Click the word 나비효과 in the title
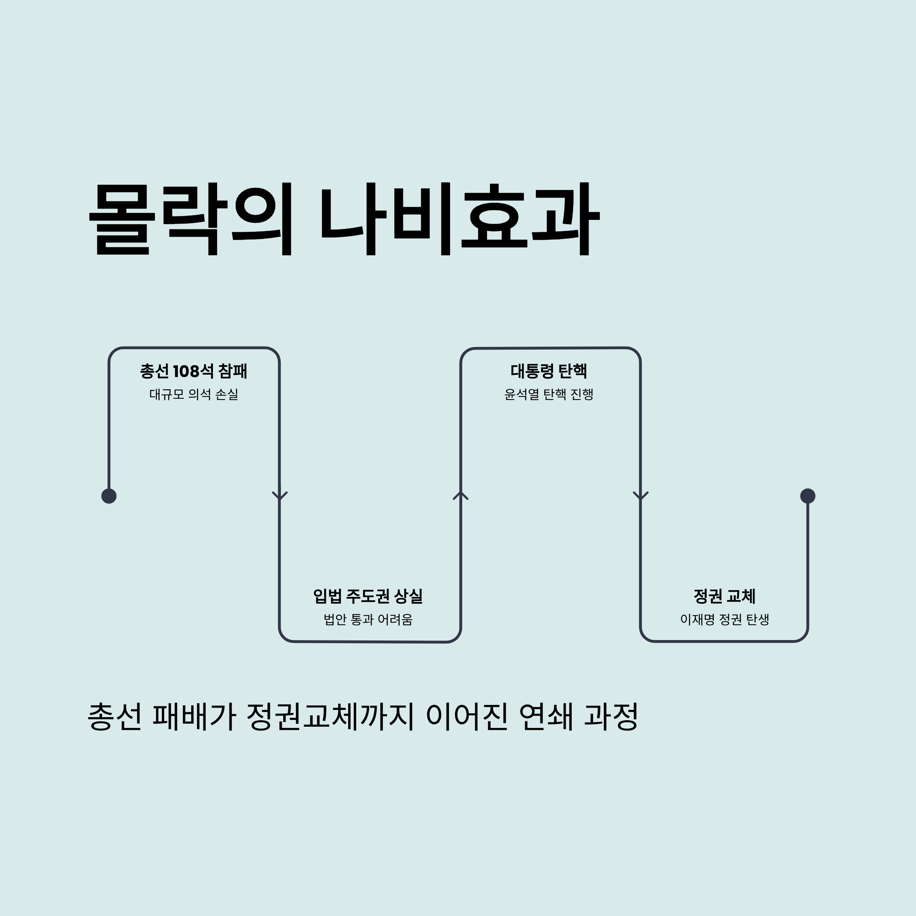coord(460,219)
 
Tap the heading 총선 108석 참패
coord(194,371)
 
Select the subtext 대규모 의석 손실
coord(194,394)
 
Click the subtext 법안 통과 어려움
coord(368,619)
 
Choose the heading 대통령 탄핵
coord(549,371)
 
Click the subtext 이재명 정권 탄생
coord(724,619)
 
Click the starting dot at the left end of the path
coord(109,496)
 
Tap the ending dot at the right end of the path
coord(808,496)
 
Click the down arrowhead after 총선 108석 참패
coord(280,496)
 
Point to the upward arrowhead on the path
coord(460,495)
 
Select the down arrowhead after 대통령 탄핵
coord(640,496)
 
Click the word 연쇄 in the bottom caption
coord(546,717)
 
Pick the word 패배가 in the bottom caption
coord(194,717)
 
